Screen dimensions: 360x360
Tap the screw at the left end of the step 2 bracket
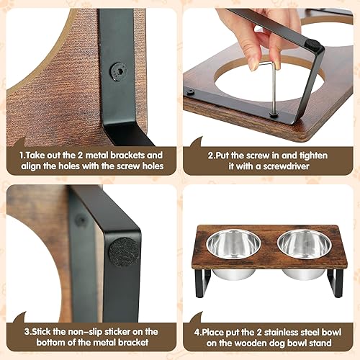(191, 92)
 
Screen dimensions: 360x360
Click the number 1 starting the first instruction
(22, 155)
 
